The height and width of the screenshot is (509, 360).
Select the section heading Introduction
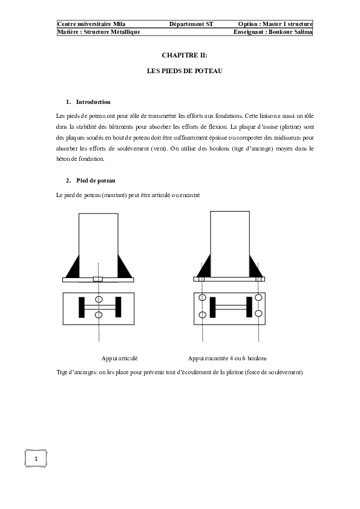click(x=93, y=102)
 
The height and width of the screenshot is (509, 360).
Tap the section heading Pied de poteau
click(x=96, y=181)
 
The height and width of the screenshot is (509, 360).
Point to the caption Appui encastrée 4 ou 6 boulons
click(x=227, y=358)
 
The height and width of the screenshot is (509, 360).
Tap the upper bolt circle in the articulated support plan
click(x=99, y=300)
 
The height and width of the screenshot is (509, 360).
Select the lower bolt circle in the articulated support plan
click(x=99, y=315)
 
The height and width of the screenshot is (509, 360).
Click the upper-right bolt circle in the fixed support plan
click(x=258, y=298)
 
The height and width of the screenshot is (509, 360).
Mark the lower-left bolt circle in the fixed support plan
click(x=203, y=314)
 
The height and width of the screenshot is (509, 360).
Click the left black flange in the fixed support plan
click(x=212, y=306)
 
